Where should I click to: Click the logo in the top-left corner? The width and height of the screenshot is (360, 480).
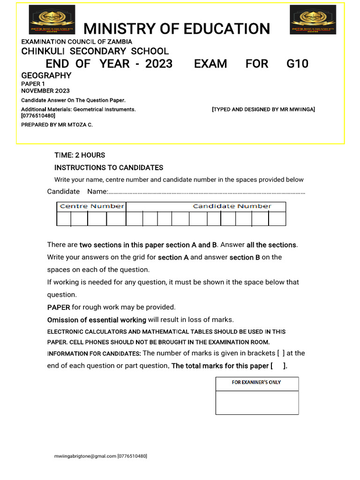(52, 20)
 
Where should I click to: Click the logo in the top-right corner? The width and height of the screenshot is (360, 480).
(312, 20)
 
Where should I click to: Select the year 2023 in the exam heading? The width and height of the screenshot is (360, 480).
(159, 64)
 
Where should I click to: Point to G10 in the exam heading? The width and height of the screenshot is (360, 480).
(297, 64)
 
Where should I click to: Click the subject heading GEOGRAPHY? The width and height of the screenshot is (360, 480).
(46, 75)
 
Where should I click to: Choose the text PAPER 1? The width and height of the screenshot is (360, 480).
(33, 84)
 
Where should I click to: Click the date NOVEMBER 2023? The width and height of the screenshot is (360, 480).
(45, 91)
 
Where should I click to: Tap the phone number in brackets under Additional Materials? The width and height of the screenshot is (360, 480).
(38, 116)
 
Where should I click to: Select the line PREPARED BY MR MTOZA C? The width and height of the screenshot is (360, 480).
(57, 125)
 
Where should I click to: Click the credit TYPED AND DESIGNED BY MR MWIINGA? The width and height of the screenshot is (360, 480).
(263, 109)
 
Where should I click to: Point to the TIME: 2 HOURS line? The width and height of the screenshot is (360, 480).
(80, 155)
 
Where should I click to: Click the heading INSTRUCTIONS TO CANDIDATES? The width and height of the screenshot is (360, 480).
(109, 168)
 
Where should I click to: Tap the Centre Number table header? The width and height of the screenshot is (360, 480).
(92, 206)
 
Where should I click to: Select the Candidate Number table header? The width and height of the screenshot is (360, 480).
(232, 206)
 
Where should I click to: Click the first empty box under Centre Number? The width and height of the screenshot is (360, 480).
(64, 219)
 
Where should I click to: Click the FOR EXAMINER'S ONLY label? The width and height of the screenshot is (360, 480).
(256, 382)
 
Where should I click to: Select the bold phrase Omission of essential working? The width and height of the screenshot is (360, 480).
(97, 320)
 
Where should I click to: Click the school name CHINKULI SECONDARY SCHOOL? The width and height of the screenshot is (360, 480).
(95, 52)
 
